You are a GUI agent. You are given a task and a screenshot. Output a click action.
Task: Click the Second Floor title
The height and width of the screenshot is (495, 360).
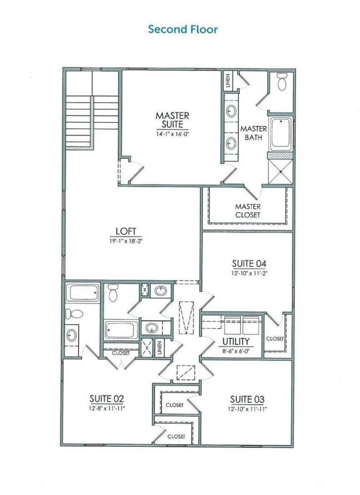(183, 30)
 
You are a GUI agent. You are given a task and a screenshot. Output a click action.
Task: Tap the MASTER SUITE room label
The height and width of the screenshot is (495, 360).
(172, 120)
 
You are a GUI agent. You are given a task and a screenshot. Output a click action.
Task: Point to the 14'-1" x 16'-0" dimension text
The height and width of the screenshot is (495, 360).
(172, 134)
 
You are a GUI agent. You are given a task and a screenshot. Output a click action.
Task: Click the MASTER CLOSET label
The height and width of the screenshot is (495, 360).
(247, 211)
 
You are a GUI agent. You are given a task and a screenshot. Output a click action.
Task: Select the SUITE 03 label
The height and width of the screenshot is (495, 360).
(247, 399)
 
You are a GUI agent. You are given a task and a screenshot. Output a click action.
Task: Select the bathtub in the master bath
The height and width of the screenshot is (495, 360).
(280, 134)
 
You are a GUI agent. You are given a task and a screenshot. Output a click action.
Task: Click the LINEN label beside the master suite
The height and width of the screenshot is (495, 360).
(228, 81)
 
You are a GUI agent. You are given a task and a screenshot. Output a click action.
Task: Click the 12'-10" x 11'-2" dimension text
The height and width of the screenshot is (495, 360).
(247, 272)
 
